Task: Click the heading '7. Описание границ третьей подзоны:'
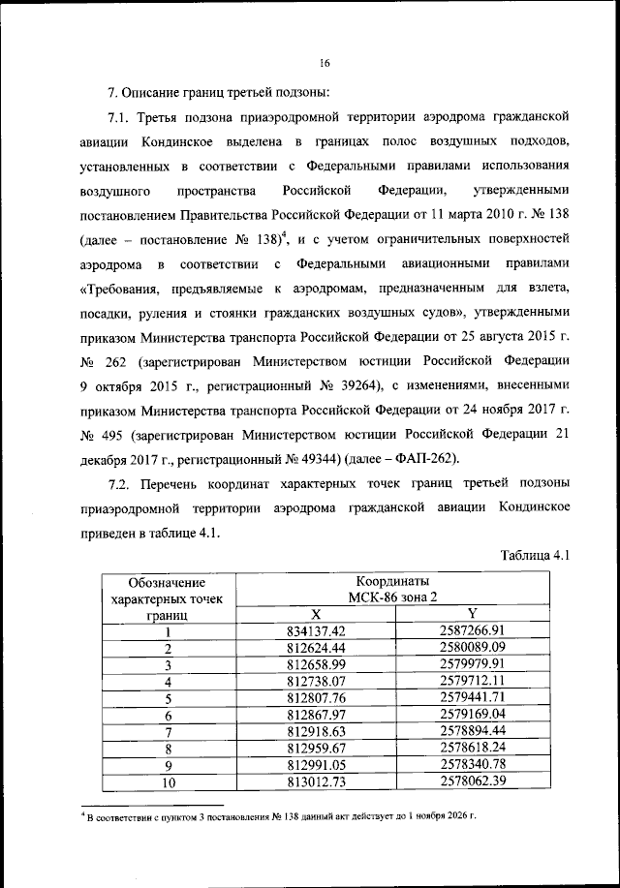(x=220, y=93)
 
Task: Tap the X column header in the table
(x=316, y=614)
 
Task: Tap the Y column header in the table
(x=473, y=614)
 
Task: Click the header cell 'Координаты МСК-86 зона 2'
(x=393, y=589)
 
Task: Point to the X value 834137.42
(x=316, y=631)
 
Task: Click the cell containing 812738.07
(x=316, y=681)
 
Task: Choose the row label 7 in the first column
(x=168, y=731)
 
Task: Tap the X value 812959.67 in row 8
(x=316, y=748)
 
